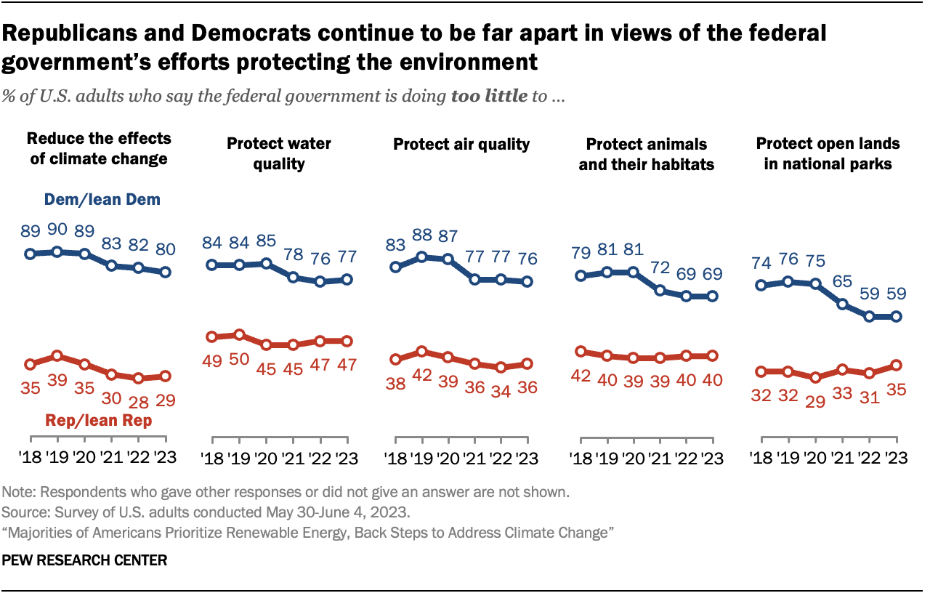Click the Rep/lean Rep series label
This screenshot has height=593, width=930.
[98, 420]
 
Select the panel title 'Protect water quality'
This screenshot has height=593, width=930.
[279, 153]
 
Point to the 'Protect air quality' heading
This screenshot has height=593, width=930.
[461, 144]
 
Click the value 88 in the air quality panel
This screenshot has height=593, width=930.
[421, 237]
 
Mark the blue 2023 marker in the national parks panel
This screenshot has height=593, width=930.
[897, 316]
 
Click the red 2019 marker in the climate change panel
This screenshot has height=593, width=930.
[57, 356]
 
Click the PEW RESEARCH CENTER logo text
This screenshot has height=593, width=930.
[85, 560]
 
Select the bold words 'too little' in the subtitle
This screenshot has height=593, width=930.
[489, 96]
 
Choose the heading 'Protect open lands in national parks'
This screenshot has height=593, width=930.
[828, 153]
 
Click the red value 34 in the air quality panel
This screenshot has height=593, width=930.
[501, 388]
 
